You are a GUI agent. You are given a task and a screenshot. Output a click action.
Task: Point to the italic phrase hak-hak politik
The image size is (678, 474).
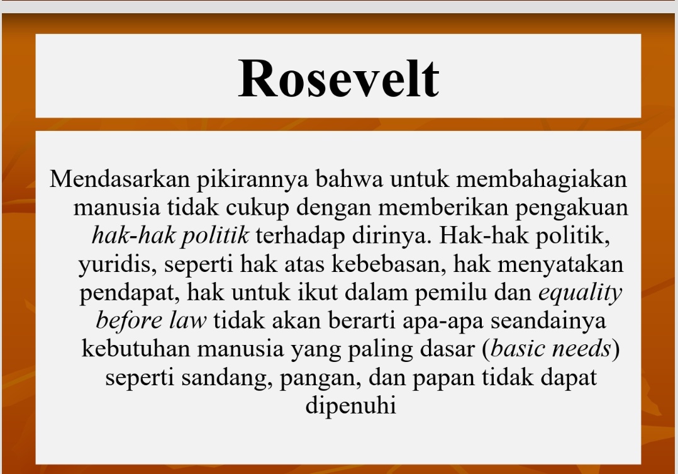tap(170, 235)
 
